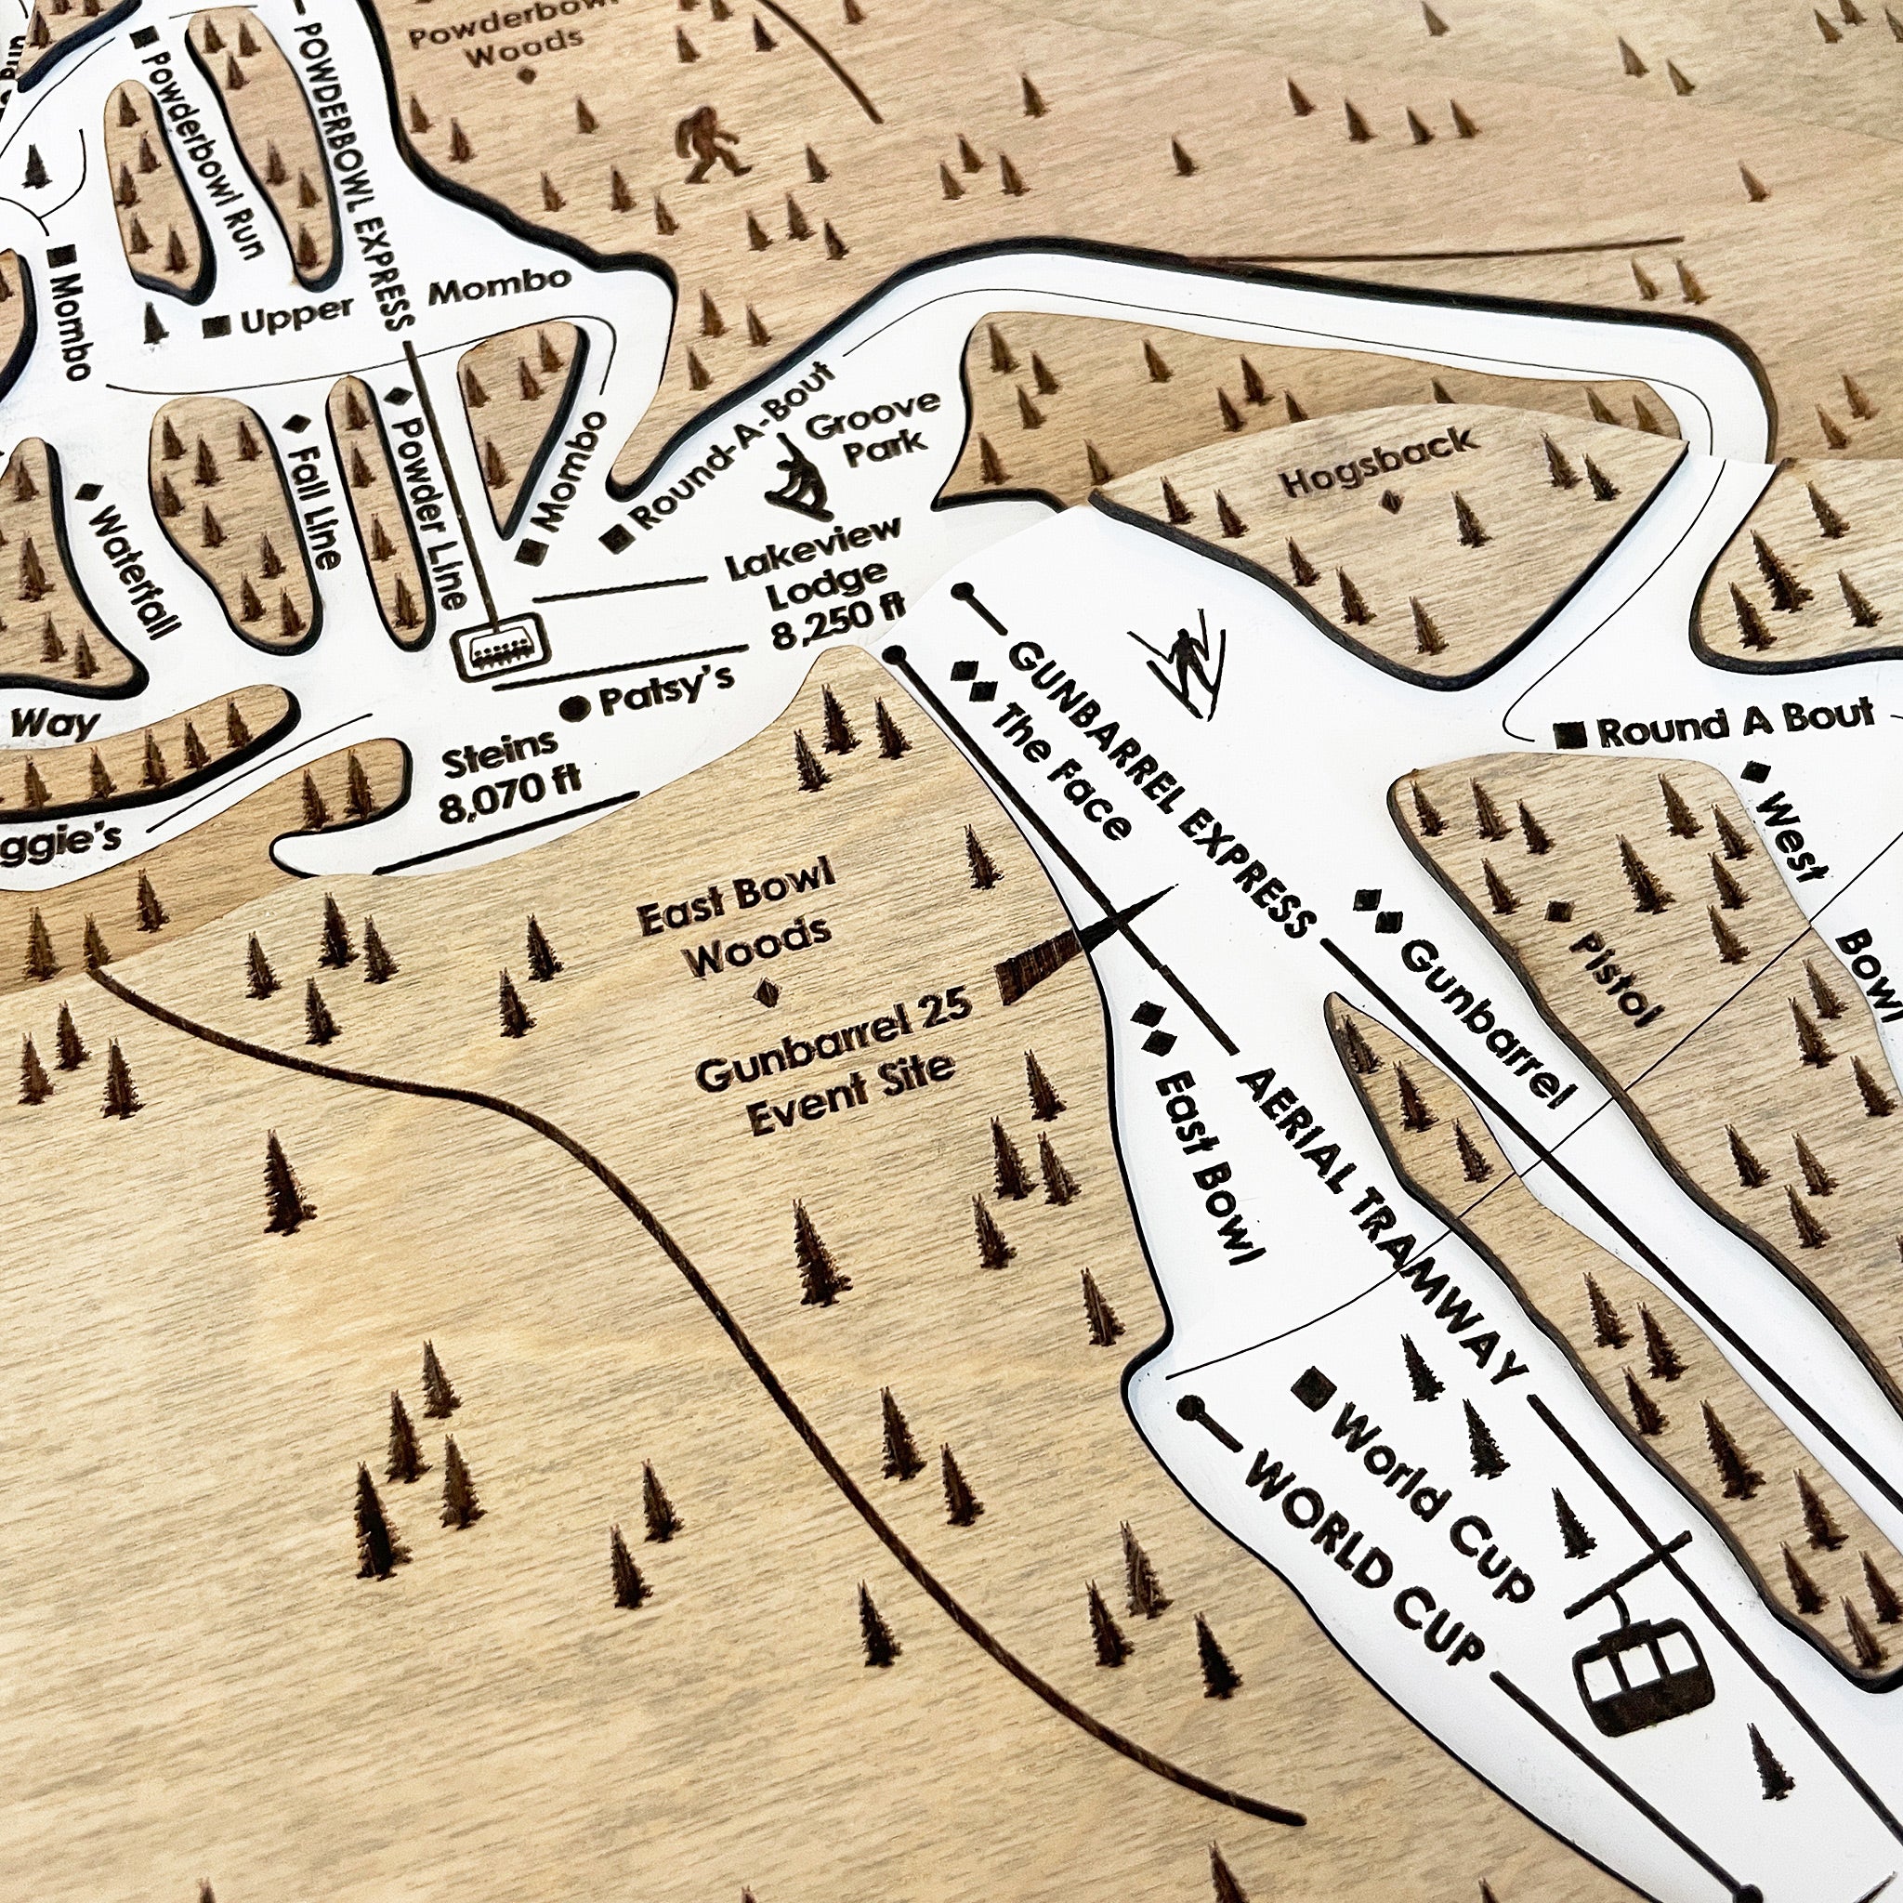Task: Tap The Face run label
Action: click(x=1060, y=772)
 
